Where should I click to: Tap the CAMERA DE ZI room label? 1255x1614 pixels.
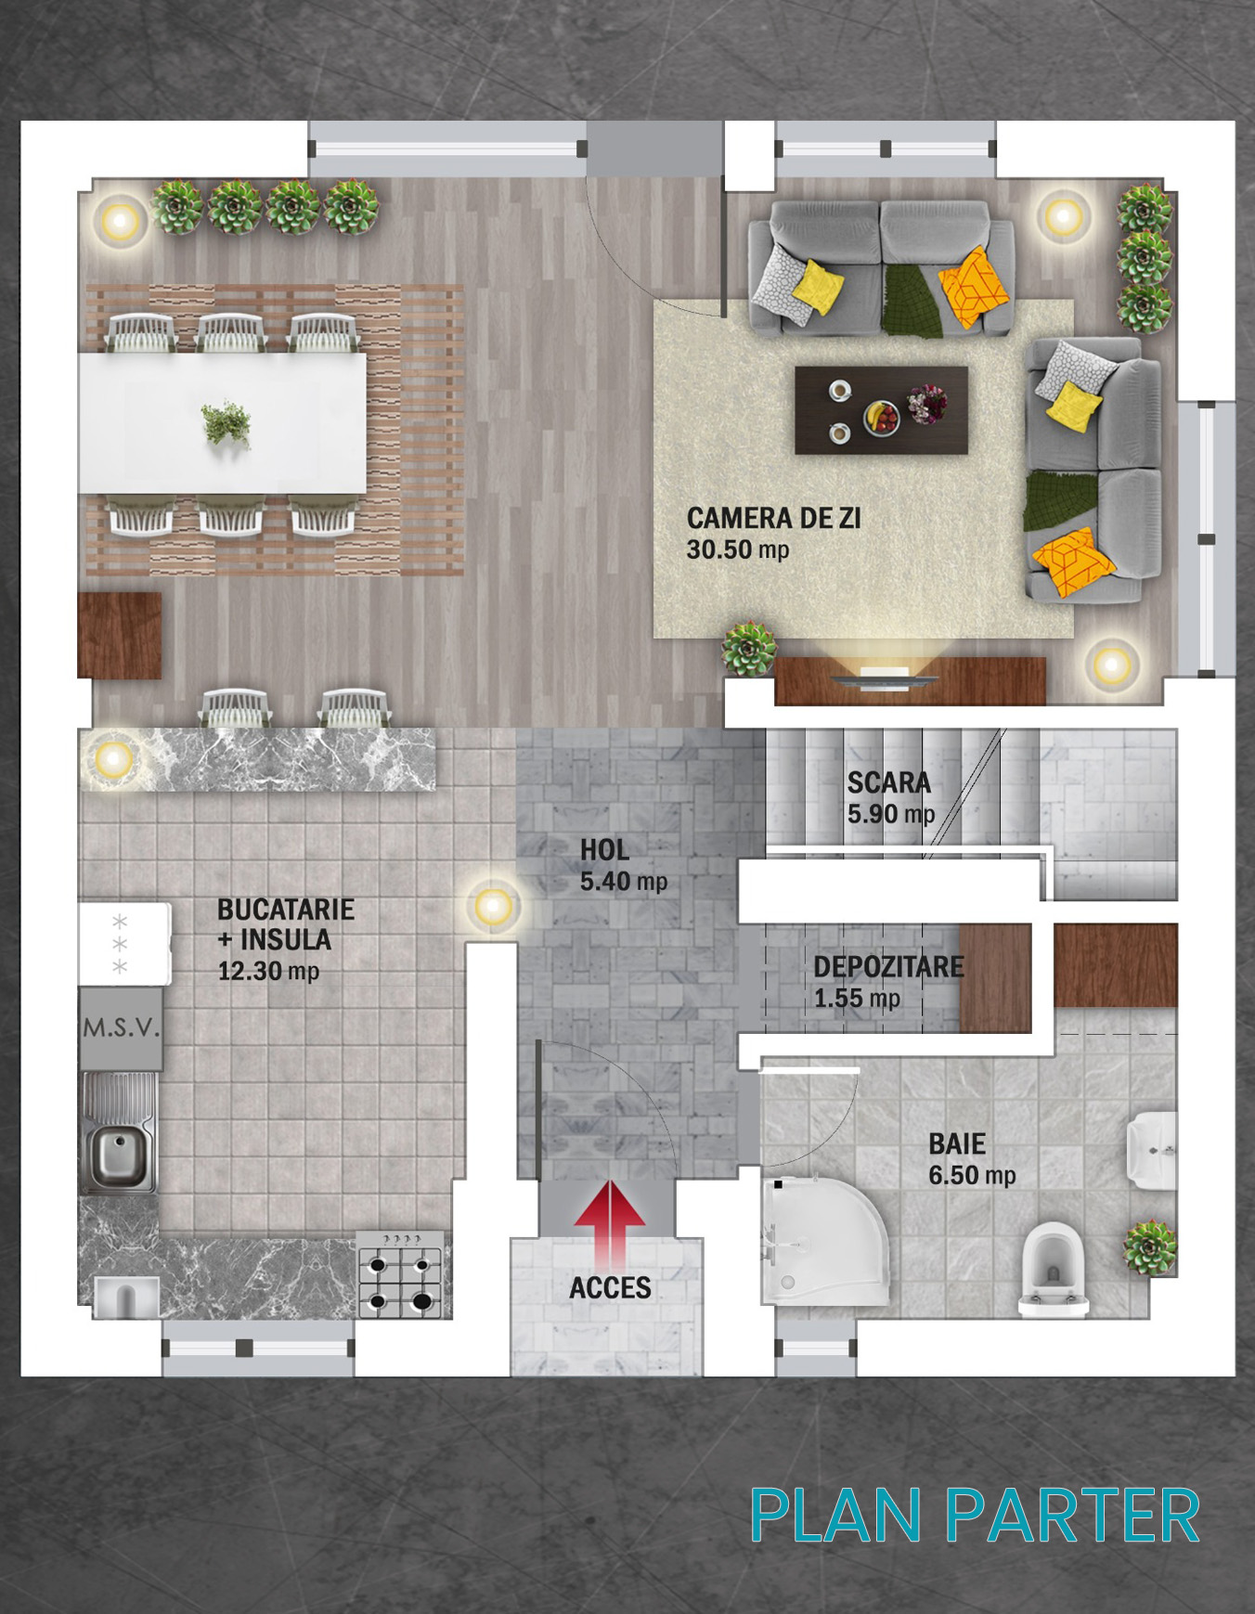(773, 518)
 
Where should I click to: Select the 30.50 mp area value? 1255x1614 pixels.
(737, 549)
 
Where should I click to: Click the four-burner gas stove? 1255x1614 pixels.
(401, 1273)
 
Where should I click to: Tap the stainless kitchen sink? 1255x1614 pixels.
(119, 1132)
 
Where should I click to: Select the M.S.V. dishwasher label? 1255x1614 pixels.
(121, 1028)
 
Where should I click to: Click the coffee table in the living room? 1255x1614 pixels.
(881, 409)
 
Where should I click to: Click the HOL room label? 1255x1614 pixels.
(604, 849)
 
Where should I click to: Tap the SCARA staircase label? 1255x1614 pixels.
(888, 782)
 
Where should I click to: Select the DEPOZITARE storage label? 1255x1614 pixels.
(888, 967)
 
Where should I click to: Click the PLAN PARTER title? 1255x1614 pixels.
(975, 1516)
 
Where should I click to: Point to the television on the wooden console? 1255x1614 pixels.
(885, 678)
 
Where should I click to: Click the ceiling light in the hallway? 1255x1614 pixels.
(493, 905)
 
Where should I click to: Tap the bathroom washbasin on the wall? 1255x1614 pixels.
(1151, 1149)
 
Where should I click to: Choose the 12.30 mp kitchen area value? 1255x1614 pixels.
(268, 972)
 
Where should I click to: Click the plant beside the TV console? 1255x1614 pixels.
(749, 647)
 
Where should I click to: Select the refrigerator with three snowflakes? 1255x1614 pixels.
(123, 944)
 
